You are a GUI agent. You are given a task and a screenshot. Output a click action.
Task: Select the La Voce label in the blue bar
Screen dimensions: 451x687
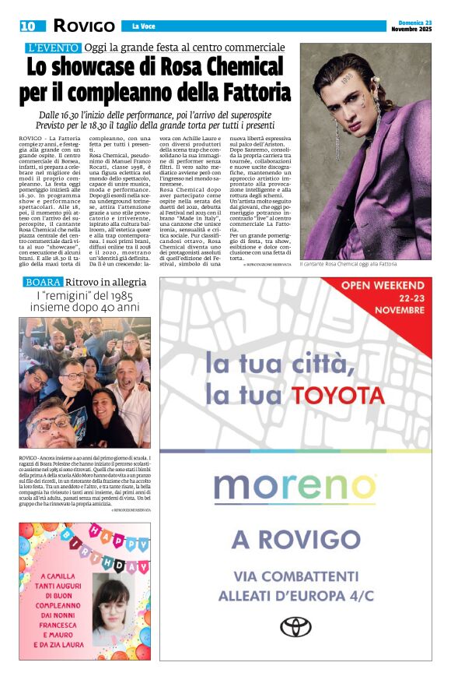[142, 26]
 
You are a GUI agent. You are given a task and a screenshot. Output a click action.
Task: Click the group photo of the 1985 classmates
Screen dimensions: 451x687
[85, 382]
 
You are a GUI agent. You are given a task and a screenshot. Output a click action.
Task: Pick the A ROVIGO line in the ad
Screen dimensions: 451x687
[295, 539]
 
